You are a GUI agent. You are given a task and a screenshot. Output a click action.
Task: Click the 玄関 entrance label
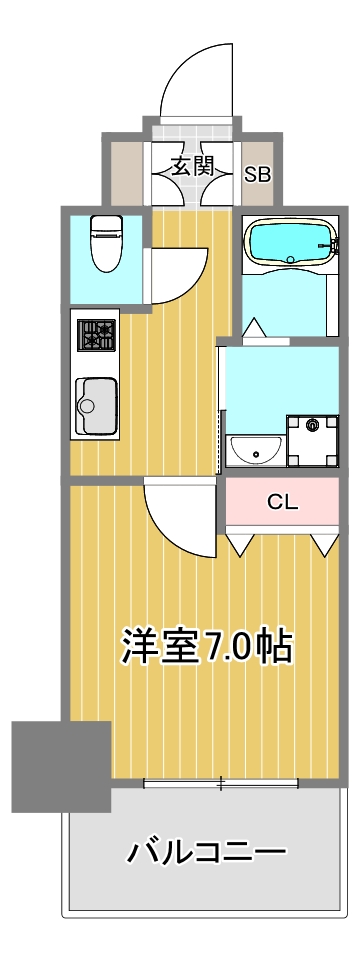(192, 167)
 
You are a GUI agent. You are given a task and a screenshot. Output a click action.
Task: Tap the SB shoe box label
(257, 173)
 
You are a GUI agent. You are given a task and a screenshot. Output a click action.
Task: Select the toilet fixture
(103, 243)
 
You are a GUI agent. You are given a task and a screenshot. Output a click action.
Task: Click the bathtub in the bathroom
(289, 243)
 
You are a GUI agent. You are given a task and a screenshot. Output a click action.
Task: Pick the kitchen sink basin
(94, 404)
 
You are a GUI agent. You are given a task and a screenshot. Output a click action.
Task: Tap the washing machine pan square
(313, 440)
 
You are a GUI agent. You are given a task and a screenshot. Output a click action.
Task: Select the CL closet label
(282, 503)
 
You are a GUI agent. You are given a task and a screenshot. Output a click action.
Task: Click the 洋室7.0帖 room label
(206, 647)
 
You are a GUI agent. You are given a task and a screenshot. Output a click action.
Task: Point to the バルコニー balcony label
(206, 853)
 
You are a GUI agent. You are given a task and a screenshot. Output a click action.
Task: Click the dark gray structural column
(61, 765)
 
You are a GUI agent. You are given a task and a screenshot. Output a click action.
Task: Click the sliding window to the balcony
(220, 782)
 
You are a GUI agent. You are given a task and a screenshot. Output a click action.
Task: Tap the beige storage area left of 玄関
(125, 167)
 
